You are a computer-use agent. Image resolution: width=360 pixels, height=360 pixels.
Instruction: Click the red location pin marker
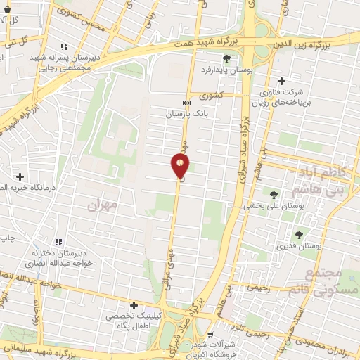coord(180,166)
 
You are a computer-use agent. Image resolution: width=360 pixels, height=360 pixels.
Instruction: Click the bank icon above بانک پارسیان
coord(186,102)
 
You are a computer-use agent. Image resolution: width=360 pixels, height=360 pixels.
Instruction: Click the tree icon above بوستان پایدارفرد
coord(226,59)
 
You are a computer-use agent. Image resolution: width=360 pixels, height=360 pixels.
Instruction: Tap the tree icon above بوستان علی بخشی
coord(274,195)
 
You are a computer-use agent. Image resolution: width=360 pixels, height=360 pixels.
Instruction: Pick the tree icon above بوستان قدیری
coord(299,235)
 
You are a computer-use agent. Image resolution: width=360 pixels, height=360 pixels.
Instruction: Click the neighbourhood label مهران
coord(101,205)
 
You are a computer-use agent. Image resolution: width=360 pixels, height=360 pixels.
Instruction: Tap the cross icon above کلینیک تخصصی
coord(134,306)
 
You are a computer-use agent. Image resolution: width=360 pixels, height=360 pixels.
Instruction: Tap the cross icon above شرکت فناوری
coord(283,81)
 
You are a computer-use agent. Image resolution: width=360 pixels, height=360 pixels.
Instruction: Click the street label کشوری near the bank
coord(211,94)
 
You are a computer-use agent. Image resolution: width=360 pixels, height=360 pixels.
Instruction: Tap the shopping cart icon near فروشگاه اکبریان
coord(212,335)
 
